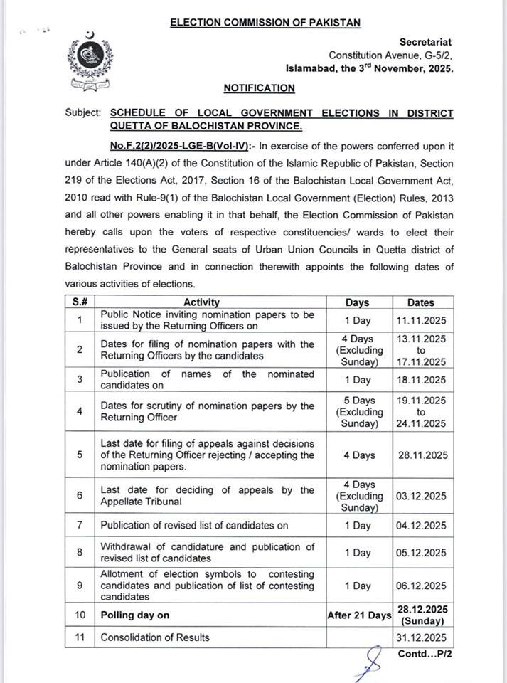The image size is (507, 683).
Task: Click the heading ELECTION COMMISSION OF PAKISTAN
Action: point(265,23)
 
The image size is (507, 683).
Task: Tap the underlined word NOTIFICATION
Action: point(259,88)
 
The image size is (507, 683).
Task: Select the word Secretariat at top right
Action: point(425,43)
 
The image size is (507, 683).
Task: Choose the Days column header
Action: point(358,302)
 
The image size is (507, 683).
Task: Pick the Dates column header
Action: point(421,302)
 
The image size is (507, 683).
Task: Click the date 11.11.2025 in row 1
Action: point(421,320)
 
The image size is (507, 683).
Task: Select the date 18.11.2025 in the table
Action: point(421,380)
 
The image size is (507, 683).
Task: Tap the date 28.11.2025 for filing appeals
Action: point(421,455)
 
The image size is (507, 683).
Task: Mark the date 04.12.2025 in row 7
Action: point(421,526)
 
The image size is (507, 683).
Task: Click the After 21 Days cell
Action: point(358,615)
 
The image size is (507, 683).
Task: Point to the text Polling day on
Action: point(135,615)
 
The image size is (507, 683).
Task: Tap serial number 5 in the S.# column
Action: point(80,455)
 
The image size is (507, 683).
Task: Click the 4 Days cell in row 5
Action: point(358,455)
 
